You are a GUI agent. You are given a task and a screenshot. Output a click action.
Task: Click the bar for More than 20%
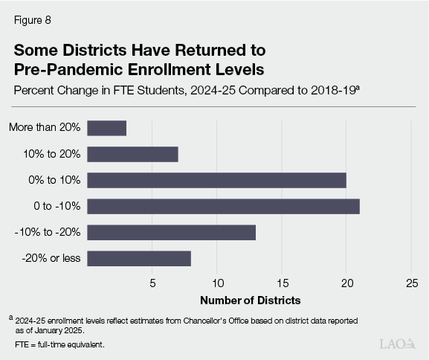[x=106, y=127]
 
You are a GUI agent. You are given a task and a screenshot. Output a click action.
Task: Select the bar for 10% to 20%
[x=132, y=154]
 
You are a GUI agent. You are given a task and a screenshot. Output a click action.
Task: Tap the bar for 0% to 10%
[x=216, y=180]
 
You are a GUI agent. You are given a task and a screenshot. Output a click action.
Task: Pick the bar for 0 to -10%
[x=223, y=206]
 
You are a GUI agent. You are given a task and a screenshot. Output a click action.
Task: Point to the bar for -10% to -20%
[x=171, y=232]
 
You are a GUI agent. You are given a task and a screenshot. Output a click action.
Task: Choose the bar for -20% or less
[x=139, y=258]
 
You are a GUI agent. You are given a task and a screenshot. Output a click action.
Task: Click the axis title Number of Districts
[x=250, y=300]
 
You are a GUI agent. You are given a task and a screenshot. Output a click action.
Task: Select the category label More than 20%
[x=45, y=127]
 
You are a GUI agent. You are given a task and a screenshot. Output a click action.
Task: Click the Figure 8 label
[x=31, y=21]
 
